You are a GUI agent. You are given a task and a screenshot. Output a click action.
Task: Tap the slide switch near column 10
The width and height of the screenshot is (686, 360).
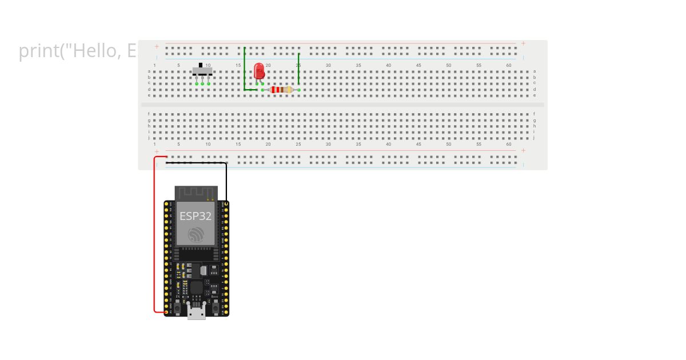(202, 73)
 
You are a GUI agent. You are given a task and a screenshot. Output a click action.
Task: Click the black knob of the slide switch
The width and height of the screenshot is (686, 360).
(200, 65)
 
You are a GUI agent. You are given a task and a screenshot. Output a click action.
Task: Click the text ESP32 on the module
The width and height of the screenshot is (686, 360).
(196, 216)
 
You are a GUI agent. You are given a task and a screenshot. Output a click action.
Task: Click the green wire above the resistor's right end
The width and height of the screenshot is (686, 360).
(298, 69)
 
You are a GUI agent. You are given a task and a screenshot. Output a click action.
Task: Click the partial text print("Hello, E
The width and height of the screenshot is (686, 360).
(78, 51)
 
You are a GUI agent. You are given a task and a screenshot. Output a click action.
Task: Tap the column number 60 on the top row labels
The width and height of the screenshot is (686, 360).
(509, 66)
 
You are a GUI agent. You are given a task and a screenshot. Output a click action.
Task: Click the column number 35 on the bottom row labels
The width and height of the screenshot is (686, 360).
(358, 144)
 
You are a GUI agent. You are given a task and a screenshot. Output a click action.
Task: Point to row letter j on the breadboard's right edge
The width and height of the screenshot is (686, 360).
(535, 138)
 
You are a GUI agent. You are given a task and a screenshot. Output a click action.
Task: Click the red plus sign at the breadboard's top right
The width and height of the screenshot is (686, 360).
(523, 43)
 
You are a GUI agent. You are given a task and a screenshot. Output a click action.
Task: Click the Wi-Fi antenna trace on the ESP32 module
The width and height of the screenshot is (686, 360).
(196, 192)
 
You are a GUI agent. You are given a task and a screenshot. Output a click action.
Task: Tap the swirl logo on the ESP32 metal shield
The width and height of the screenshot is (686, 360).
(196, 234)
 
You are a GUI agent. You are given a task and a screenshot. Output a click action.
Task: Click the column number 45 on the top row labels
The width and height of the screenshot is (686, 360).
(418, 66)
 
